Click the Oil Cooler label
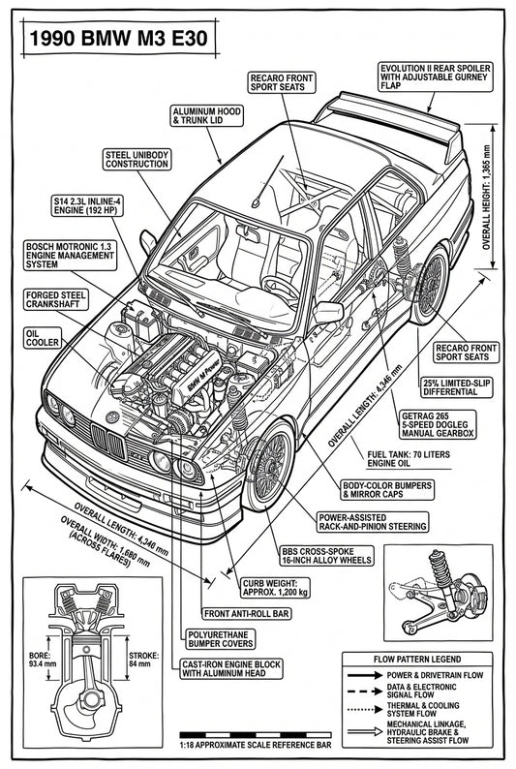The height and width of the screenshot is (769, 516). coord(40,335)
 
